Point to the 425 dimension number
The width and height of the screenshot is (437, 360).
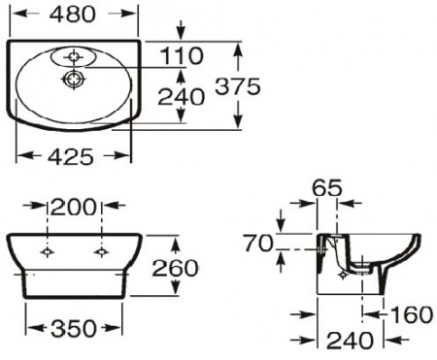coord(74,155)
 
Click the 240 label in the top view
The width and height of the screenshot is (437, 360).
coord(182,96)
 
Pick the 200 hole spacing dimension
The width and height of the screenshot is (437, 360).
coord(75,207)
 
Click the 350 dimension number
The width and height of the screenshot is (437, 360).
coord(74,330)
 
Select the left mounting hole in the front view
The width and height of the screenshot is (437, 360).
coord(48,250)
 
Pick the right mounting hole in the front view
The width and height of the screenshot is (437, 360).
coord(101,250)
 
